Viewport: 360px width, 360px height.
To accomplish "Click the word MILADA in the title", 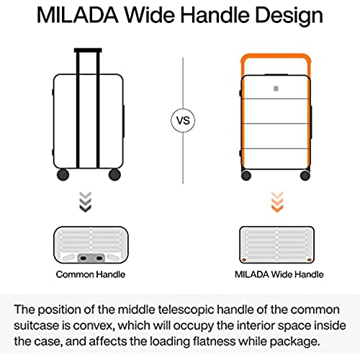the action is point(77,15).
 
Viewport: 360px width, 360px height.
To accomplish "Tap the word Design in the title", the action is point(289,16).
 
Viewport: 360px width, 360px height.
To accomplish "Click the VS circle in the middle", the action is point(183,120).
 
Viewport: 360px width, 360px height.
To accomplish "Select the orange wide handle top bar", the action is point(276,58).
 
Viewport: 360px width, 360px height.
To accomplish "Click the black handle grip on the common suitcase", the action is point(88,50).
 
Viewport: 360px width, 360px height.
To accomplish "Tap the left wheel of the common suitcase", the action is point(63,174).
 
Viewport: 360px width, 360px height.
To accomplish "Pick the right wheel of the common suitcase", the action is point(114,174).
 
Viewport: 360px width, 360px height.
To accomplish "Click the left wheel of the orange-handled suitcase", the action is point(246,176).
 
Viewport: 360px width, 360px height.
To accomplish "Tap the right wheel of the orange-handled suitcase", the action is point(305,176).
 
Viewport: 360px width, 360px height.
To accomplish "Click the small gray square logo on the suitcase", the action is point(276,89).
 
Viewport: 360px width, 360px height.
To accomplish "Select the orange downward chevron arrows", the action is point(277,202).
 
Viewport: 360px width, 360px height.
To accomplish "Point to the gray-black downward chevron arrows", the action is point(85,202).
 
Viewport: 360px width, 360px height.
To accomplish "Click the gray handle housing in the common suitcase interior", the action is point(91,258).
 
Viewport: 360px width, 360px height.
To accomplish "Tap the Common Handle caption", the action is point(91,274).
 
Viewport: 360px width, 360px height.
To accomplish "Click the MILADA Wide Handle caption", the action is point(279,274).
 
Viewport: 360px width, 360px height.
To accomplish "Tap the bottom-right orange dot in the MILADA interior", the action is point(309,260).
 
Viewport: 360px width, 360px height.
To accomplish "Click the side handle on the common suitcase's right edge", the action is point(124,121).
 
